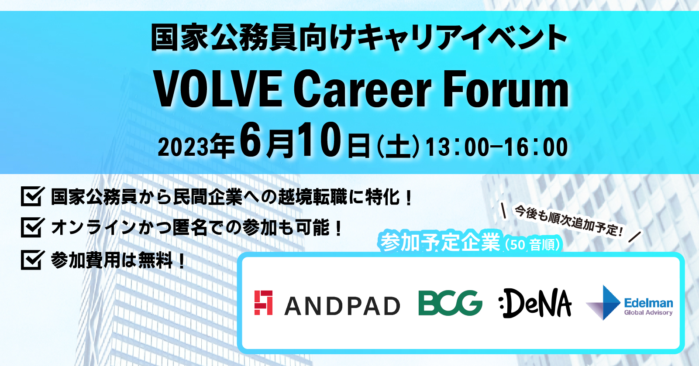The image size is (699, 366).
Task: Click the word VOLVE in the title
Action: [218, 89]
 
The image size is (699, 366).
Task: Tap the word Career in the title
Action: [362, 89]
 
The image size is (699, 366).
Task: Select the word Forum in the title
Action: [506, 89]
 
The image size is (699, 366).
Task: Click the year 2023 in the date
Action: [183, 147]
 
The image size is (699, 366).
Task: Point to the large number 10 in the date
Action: [319, 140]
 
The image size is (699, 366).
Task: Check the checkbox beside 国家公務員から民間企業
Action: [32, 196]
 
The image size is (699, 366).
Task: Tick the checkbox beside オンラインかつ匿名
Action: [32, 227]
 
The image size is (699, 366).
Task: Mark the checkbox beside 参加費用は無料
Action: [32, 260]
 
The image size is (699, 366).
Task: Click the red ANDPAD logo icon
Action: [264, 303]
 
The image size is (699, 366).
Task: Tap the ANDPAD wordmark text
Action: [342, 306]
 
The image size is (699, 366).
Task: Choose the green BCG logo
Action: [450, 303]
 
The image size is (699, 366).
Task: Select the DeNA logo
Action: [535, 303]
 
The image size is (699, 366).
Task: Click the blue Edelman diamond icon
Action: [605, 303]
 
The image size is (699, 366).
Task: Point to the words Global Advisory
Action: [648, 313]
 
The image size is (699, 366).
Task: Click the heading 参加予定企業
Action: [440, 242]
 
